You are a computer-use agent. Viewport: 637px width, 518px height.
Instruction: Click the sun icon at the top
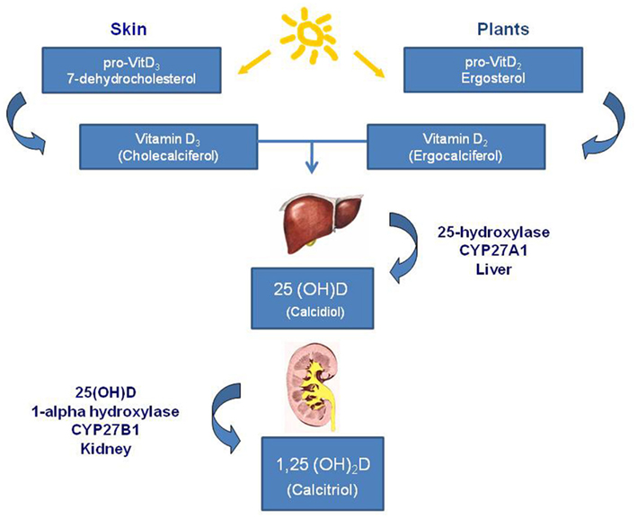coord(309,33)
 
